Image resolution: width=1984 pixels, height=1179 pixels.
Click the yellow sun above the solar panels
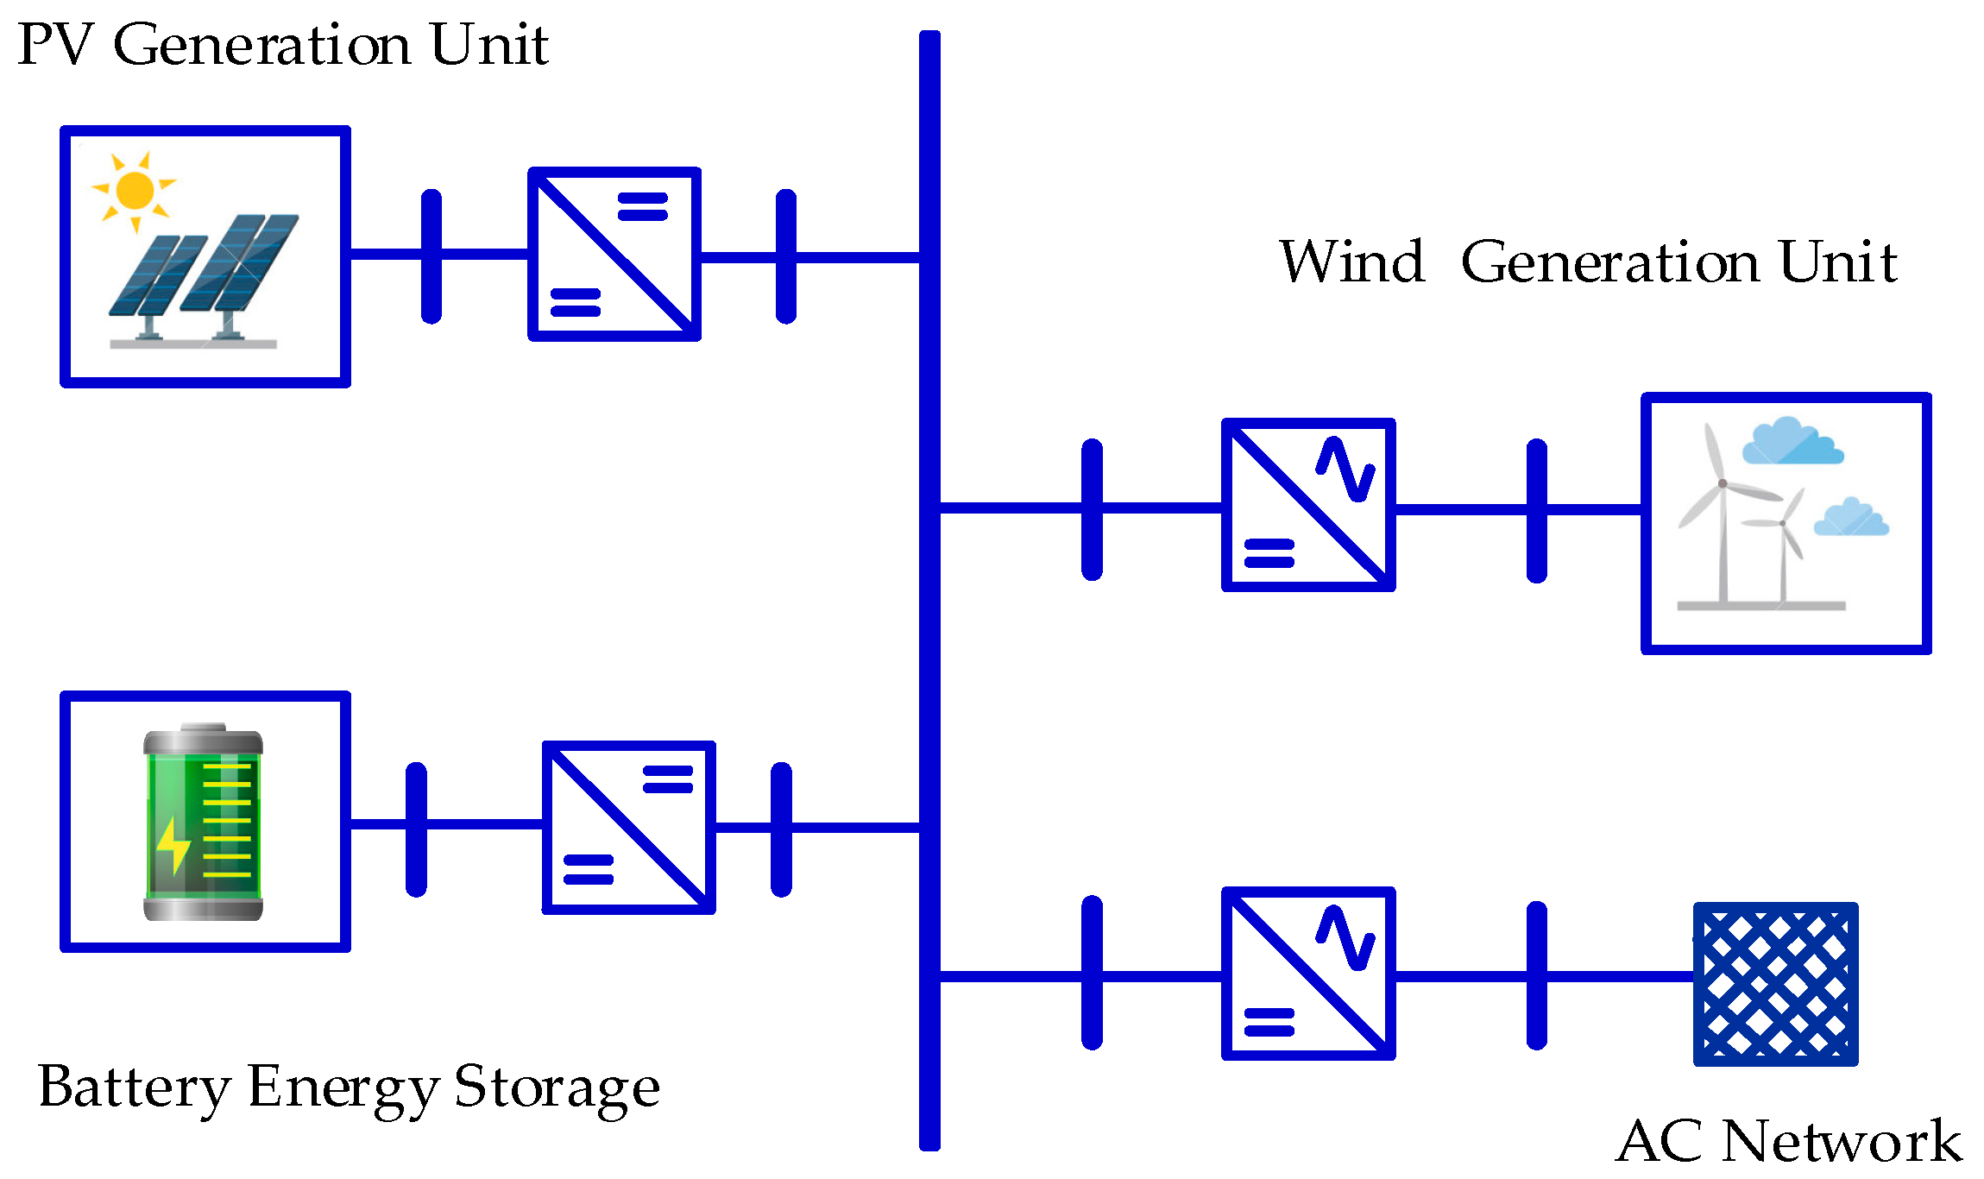click(135, 190)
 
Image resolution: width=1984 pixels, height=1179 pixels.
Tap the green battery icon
click(203, 823)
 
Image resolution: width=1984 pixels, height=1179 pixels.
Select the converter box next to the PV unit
click(614, 254)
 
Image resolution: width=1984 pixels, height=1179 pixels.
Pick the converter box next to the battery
click(628, 827)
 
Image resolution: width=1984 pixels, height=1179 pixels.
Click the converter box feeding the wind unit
click(1308, 505)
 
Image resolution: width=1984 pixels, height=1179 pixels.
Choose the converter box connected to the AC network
click(1308, 973)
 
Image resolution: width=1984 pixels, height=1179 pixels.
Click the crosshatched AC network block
click(1775, 984)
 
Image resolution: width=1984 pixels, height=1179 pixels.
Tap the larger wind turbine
click(1723, 518)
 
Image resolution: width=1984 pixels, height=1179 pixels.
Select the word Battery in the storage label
click(134, 1087)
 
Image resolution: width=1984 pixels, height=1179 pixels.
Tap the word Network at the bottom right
click(1841, 1141)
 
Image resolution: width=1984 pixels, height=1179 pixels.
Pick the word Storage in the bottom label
click(557, 1087)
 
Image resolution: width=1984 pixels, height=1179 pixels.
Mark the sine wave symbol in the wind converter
click(1345, 470)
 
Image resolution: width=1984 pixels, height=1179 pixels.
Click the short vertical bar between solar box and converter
click(431, 256)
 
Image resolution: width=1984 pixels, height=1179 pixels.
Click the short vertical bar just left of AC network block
click(1536, 975)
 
